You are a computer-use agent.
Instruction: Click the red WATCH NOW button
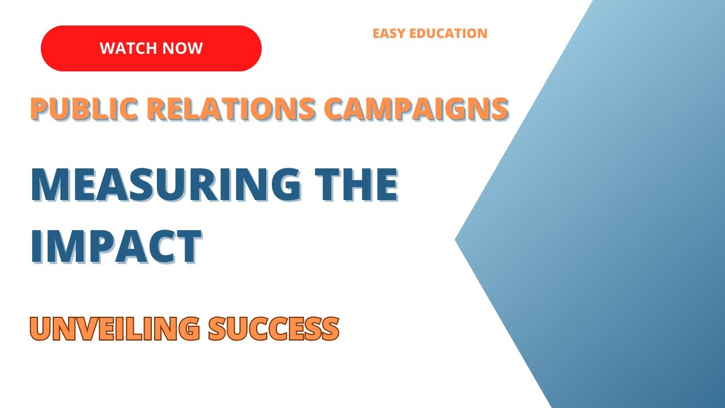151,48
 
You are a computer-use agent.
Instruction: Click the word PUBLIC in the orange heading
75,108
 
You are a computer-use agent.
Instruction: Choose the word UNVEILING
114,328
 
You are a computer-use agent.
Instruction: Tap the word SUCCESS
274,328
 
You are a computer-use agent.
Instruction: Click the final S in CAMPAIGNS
498,108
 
